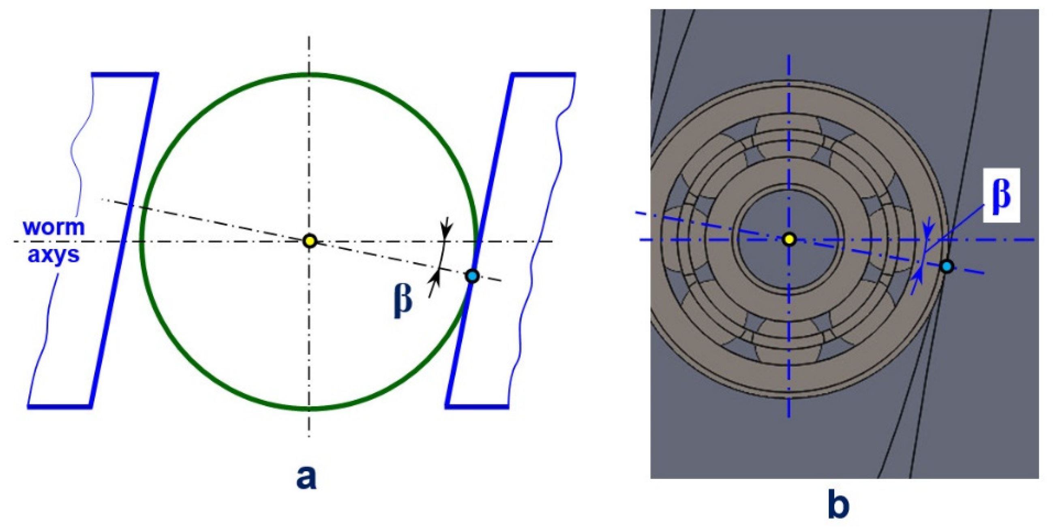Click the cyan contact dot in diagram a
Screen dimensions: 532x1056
point(472,276)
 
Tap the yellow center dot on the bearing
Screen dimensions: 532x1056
point(789,239)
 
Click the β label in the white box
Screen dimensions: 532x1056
point(1000,196)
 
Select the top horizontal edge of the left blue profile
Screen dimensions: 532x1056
point(124,74)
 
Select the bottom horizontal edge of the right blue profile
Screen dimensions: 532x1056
point(478,407)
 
